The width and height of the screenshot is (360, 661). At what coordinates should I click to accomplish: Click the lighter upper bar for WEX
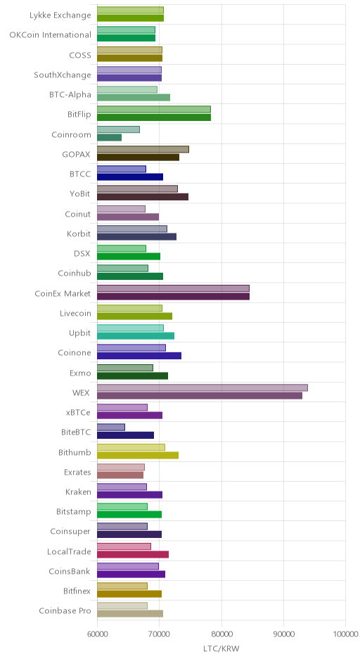(202, 388)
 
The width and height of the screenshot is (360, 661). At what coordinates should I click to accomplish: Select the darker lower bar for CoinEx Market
(173, 296)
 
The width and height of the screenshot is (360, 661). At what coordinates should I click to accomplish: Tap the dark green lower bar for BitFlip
(154, 117)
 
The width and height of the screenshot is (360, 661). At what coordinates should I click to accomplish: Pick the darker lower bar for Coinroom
(109, 137)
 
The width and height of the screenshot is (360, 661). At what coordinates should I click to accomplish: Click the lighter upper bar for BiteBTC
(111, 428)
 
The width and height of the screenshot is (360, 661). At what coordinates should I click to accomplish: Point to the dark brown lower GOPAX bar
(139, 158)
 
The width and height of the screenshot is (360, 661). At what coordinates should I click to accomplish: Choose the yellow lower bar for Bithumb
(138, 455)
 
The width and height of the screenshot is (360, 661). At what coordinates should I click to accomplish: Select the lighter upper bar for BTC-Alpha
(127, 89)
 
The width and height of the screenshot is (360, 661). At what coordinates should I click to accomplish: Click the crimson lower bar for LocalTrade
(133, 554)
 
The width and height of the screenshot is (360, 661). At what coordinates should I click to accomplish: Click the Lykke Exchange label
(60, 15)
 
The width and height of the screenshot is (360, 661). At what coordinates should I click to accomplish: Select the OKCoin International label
(50, 35)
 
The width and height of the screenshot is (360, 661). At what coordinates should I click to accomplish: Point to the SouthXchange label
(63, 75)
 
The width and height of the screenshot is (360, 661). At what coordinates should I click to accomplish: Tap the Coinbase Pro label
(65, 611)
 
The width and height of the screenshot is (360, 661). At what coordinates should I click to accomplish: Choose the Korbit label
(79, 234)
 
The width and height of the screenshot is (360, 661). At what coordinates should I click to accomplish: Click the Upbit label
(80, 333)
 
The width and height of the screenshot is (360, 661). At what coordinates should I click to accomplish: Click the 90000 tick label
(283, 634)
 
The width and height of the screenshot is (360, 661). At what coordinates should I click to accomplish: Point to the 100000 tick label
(346, 634)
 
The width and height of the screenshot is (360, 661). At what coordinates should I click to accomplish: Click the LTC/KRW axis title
(221, 649)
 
